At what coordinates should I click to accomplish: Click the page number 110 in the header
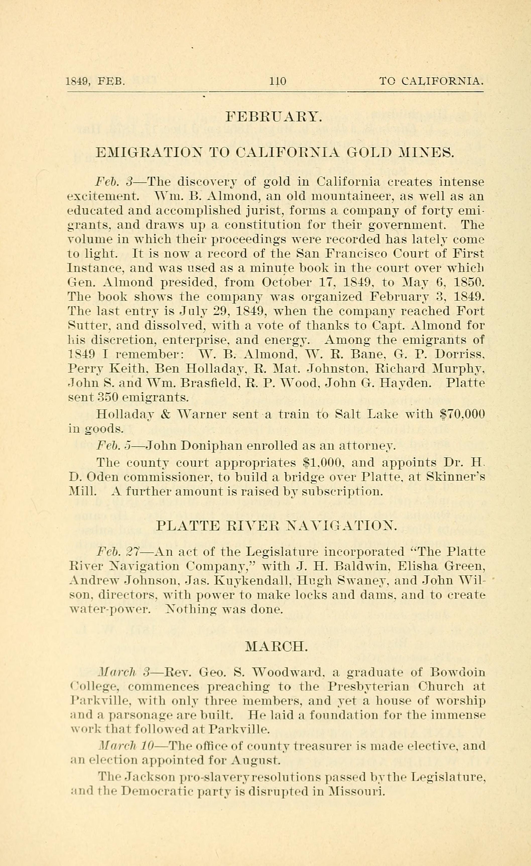(277, 82)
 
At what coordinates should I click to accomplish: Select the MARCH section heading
(277, 646)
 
